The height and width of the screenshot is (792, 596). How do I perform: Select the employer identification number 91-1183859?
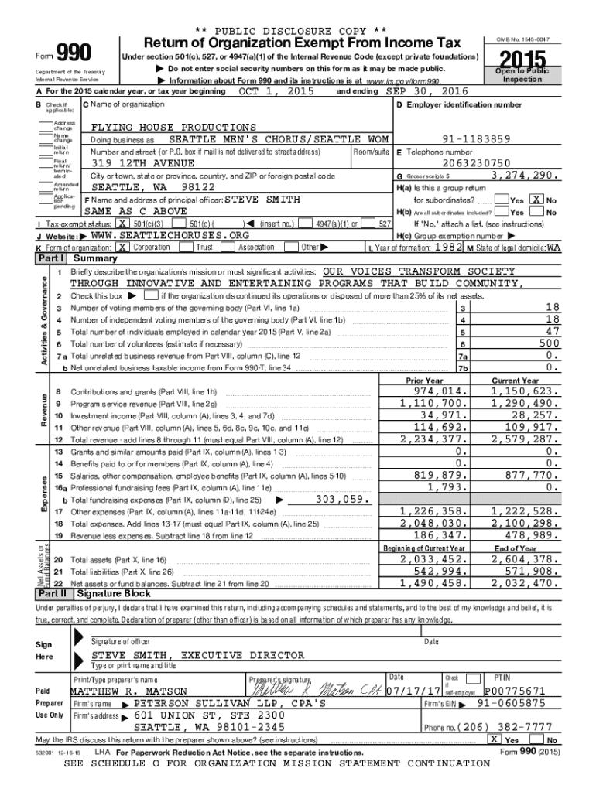click(475, 139)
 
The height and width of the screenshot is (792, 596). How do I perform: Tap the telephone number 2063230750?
click(477, 163)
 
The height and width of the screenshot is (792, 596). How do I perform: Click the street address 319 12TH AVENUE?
click(144, 163)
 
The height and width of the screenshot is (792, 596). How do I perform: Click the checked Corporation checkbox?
click(123, 247)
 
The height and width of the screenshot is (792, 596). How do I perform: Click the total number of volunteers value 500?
click(549, 343)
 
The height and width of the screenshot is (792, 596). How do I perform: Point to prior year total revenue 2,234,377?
click(434, 439)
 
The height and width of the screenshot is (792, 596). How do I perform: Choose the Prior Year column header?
click(425, 381)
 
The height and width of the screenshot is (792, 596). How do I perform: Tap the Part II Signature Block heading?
click(111, 594)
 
